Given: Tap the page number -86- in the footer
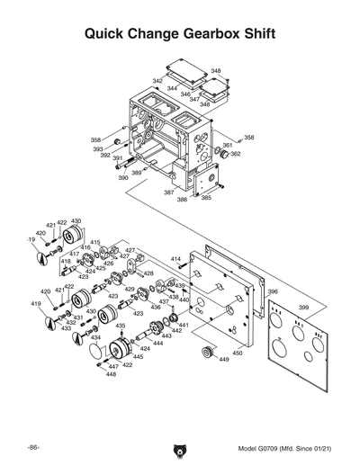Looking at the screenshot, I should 32,447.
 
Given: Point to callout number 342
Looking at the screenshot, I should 157,81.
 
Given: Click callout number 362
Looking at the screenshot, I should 235,154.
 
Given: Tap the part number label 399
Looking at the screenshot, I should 303,308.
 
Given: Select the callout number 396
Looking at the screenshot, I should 273,291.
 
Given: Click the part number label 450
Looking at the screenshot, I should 237,353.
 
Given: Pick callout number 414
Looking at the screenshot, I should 175,259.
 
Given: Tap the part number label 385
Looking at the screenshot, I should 206,198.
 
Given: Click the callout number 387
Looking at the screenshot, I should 168,192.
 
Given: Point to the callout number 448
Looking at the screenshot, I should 111,374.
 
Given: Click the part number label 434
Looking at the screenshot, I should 96,337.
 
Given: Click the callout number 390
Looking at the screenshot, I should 123,178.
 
